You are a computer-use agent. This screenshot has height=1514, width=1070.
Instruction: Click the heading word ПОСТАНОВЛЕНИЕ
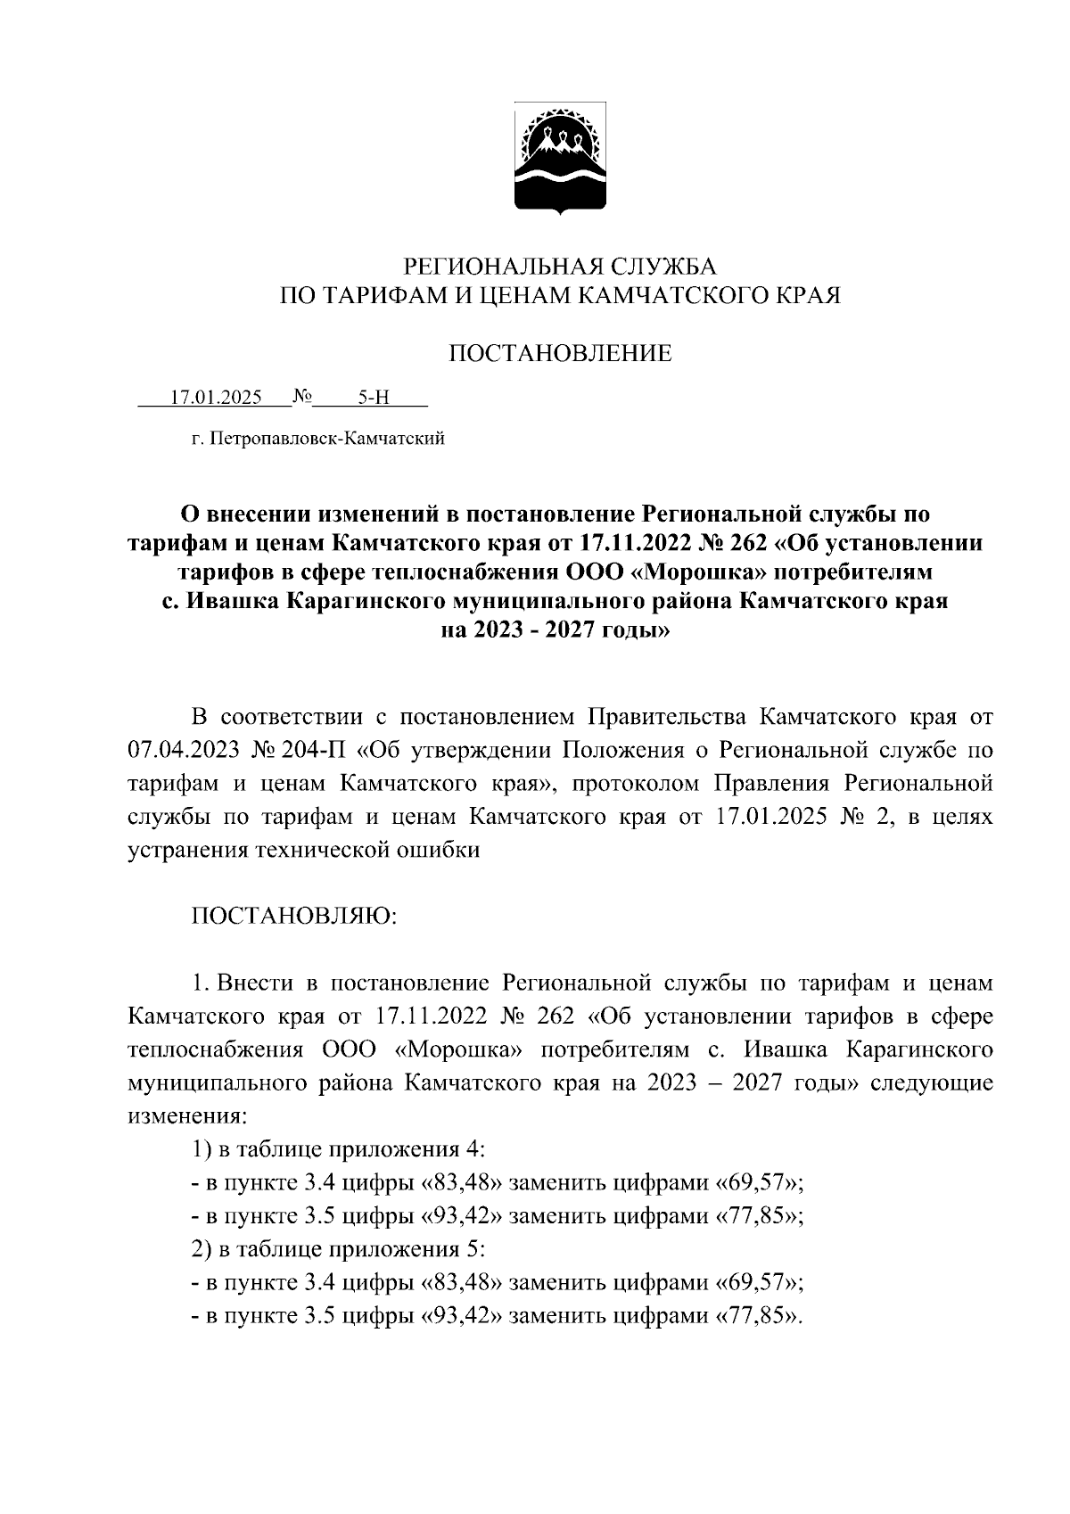point(559,354)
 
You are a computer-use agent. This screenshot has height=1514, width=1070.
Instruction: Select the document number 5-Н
point(374,398)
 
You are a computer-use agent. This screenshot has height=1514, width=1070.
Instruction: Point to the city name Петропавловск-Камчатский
point(326,439)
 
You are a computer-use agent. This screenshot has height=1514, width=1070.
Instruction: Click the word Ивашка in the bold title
point(232,600)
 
